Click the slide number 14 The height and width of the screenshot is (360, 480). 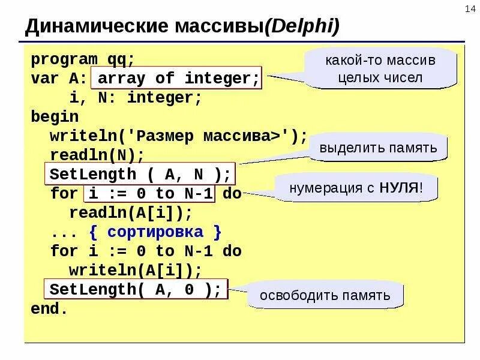coord(469,7)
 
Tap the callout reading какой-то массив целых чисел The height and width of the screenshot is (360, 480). coord(380,69)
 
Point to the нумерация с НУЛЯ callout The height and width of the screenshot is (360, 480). coord(356,188)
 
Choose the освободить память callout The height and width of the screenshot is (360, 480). coord(325,295)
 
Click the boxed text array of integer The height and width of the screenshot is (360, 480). coord(178,79)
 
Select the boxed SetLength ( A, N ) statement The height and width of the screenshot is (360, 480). coord(140,175)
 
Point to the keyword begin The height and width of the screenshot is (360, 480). coord(55,117)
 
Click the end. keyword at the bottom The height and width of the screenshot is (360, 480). coord(50,309)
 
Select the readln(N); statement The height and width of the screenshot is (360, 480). coord(97,155)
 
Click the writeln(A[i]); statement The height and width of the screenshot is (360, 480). coord(136,271)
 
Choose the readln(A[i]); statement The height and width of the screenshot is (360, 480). coord(131,213)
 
